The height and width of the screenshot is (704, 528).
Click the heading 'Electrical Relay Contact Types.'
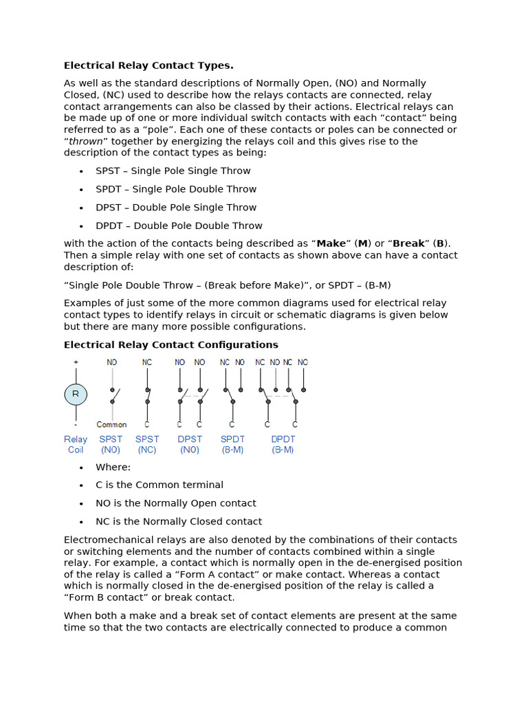pos(148,66)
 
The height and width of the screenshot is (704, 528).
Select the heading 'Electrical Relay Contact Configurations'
pos(171,345)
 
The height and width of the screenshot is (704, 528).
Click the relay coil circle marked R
pos(76,395)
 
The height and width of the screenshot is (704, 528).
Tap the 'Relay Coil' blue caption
pos(76,444)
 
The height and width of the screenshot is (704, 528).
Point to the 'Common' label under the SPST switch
pos(111,425)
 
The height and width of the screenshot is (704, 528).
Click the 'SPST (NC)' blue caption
pos(146,444)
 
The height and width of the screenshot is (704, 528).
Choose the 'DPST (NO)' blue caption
pos(190,444)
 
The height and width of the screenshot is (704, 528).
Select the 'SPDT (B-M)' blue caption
pos(232,444)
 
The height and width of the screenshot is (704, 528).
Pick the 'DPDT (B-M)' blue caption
pos(283,444)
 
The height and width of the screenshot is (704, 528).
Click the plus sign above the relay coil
pos(76,362)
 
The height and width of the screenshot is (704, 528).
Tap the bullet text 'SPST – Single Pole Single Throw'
pos(173,171)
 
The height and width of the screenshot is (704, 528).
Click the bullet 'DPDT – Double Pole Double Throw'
pos(179,226)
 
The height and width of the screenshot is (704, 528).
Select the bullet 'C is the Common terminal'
pos(159,485)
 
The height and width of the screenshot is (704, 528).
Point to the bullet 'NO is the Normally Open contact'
pos(176,503)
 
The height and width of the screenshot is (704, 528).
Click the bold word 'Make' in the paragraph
pos(331,244)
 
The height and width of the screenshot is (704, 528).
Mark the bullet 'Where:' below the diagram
pos(113,467)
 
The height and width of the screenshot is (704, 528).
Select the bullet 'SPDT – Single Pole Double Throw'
pos(176,190)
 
